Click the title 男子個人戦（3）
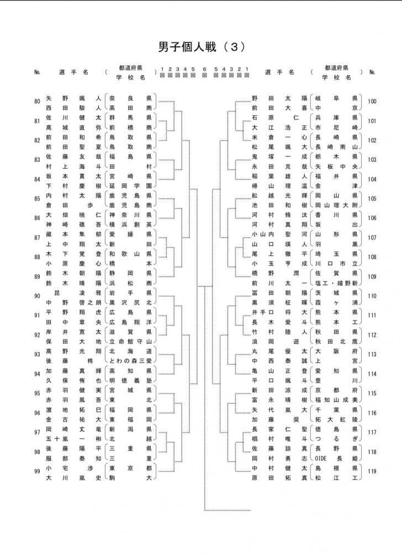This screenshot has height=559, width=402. (200, 47)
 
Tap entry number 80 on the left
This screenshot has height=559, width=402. (37, 102)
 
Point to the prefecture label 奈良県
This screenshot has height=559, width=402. (130, 98)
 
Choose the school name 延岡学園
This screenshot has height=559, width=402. (130, 186)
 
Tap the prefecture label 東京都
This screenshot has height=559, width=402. (130, 467)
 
